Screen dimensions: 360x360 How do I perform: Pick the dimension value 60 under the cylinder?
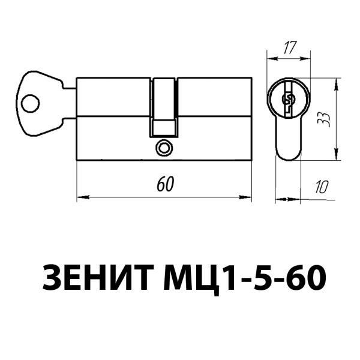pyautogui.click(x=164, y=184)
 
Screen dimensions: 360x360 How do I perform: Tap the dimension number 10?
pyautogui.click(x=323, y=186)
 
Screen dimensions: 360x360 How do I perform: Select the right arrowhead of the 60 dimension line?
pyautogui.click(x=246, y=197)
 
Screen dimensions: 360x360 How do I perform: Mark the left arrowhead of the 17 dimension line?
pyautogui.click(x=271, y=58)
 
